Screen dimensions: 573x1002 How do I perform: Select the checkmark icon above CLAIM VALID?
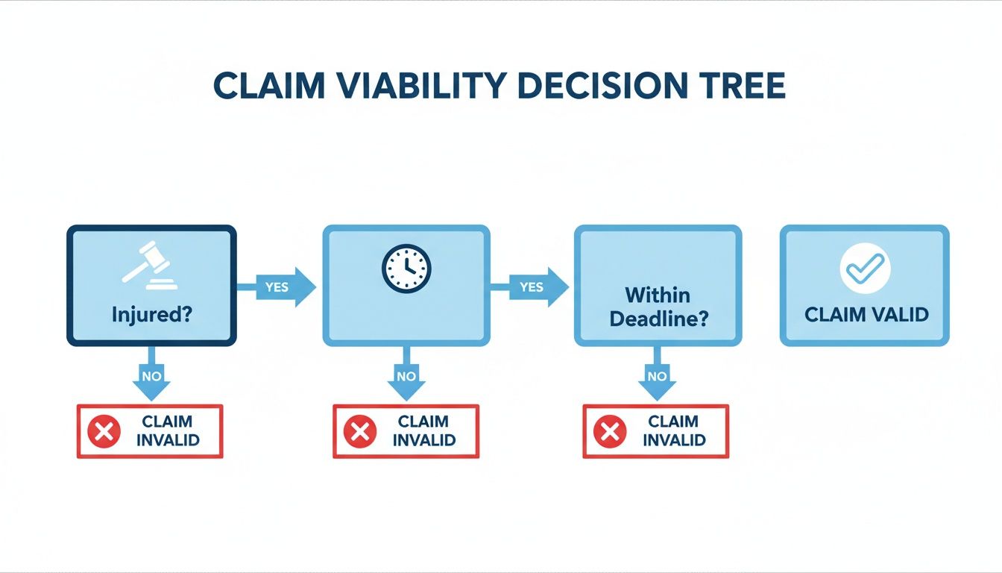[x=865, y=267]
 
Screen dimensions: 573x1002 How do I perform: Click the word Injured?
[x=152, y=314]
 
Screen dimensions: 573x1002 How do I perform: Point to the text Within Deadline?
[x=658, y=307]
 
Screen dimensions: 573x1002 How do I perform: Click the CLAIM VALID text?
[x=866, y=314]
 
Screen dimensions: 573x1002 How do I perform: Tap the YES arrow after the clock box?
[x=532, y=287]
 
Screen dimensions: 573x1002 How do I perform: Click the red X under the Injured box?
[x=104, y=431]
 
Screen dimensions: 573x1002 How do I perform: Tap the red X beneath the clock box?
[x=359, y=431]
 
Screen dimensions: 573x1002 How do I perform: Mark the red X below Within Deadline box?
[x=610, y=431]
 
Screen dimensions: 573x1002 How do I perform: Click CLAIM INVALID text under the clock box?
[x=423, y=430]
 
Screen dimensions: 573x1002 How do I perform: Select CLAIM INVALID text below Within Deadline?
[x=673, y=430]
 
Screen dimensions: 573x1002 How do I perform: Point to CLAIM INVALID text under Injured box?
[x=168, y=430]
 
